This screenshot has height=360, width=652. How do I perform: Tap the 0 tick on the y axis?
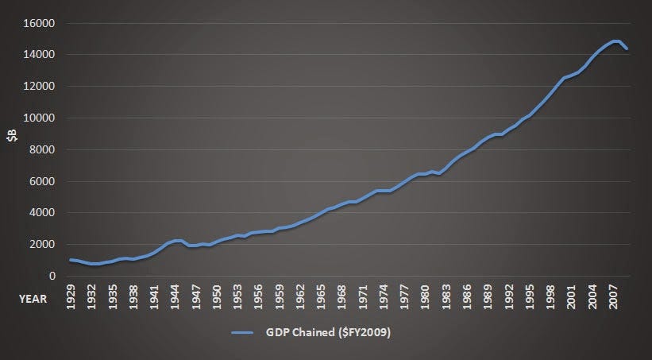point(50,276)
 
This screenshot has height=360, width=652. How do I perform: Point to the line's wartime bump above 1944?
point(179,240)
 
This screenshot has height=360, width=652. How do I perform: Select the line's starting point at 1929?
point(71,260)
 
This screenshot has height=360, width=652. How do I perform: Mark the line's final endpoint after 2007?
point(628,48)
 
